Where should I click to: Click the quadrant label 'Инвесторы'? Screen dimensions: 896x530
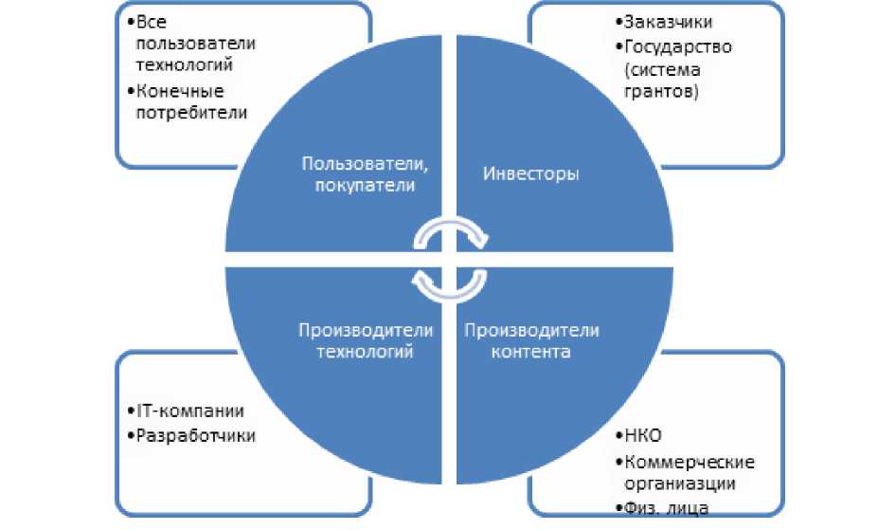pos(531,174)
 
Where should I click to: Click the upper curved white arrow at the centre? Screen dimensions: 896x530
pos(453,230)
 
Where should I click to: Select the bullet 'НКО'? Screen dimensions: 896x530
pos(643,437)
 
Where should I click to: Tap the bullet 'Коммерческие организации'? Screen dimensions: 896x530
pos(687,472)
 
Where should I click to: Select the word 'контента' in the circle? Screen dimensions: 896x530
pos(531,353)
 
